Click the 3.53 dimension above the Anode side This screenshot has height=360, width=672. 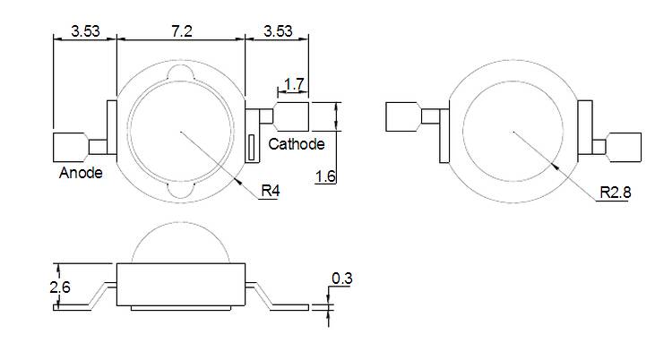[x=84, y=30]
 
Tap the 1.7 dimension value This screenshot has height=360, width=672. [x=294, y=86]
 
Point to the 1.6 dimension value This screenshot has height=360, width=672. [x=326, y=176]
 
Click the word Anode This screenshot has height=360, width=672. [x=81, y=173]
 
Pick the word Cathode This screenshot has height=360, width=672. [x=297, y=144]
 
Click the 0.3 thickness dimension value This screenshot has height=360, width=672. [x=341, y=279]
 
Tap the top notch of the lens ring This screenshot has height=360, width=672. [x=180, y=73]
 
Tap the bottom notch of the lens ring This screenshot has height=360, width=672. [x=180, y=190]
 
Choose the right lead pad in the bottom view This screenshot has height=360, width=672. [x=625, y=146]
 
